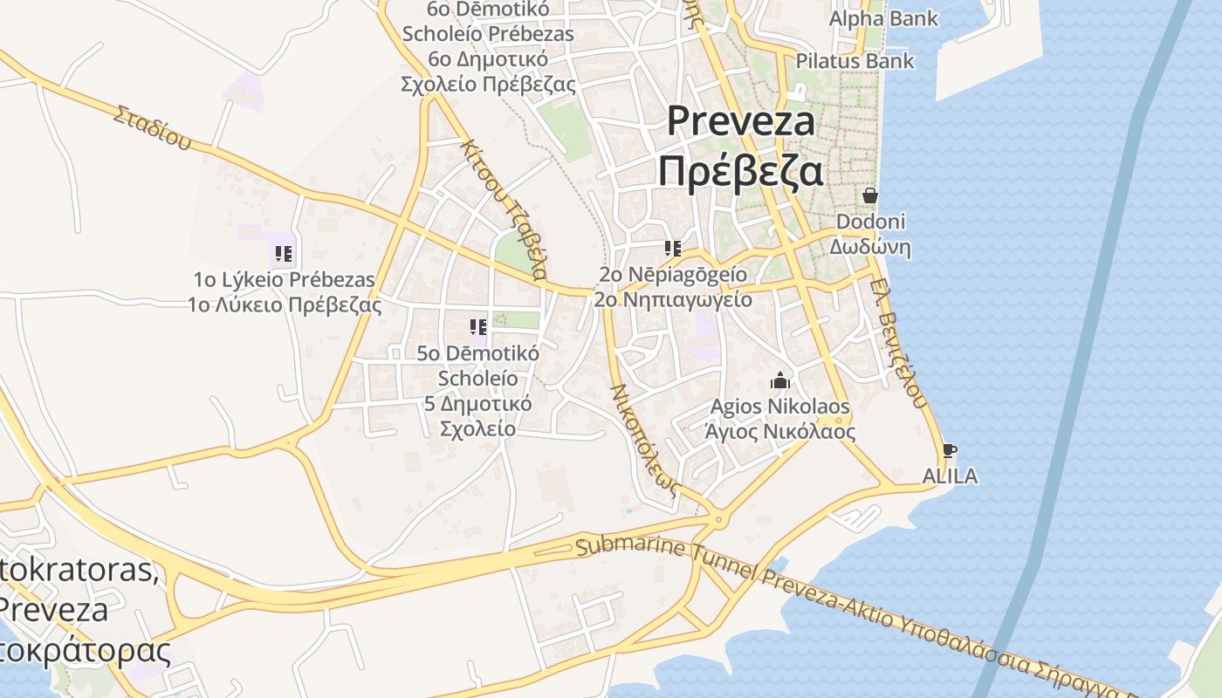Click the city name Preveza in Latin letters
(x=741, y=120)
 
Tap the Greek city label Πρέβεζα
(x=740, y=171)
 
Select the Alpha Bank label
(x=883, y=17)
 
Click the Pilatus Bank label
(x=855, y=60)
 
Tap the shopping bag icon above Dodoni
(x=869, y=195)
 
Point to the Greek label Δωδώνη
(x=869, y=247)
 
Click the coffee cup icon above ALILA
(x=950, y=451)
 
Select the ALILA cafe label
(x=950, y=476)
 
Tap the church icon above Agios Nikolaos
(x=779, y=380)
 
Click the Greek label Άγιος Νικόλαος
(x=779, y=432)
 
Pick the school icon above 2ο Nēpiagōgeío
(x=672, y=249)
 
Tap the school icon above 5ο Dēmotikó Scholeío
(x=477, y=327)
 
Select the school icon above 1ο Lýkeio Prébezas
(x=284, y=254)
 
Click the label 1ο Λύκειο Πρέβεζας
(x=285, y=305)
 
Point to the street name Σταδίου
(x=152, y=127)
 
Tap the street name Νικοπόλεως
(x=644, y=441)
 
